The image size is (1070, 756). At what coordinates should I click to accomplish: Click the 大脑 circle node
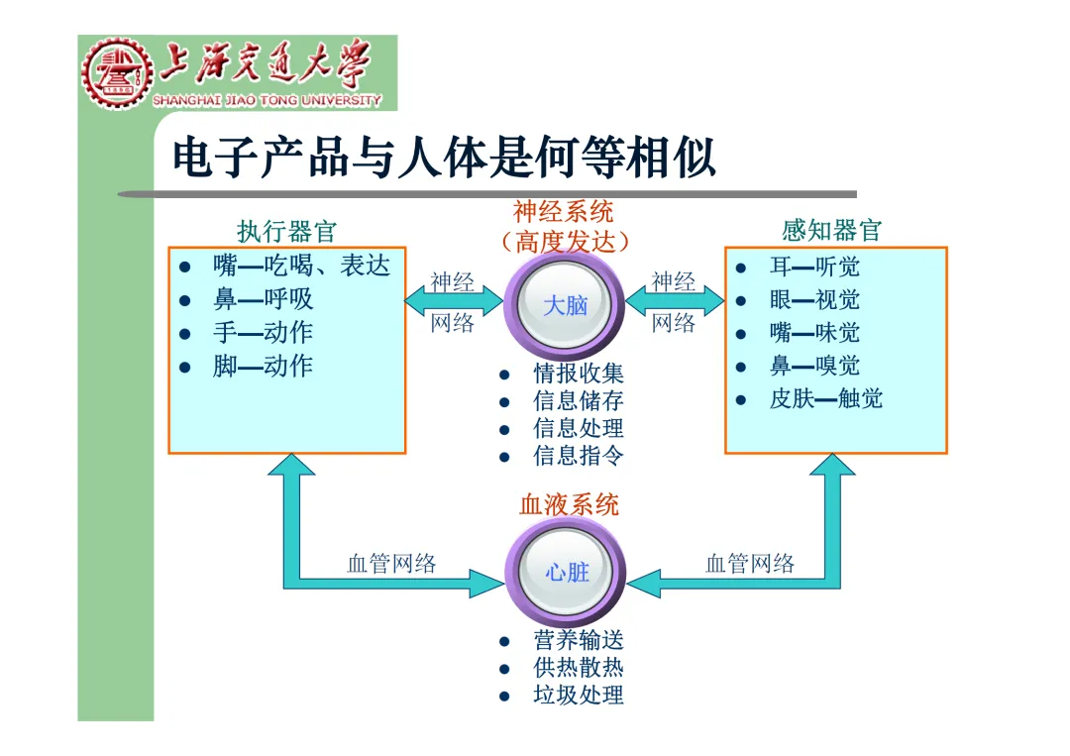(x=566, y=305)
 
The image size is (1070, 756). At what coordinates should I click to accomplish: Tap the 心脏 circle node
(x=566, y=572)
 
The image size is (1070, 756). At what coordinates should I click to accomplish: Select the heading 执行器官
(x=287, y=232)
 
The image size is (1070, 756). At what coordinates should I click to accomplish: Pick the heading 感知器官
(x=831, y=231)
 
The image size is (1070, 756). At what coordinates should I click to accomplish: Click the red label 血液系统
(x=569, y=504)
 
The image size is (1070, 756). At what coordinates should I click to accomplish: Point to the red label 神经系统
(x=564, y=211)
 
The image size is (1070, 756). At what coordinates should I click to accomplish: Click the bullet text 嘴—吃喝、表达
(x=301, y=266)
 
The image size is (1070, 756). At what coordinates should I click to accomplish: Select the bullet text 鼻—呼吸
(x=263, y=299)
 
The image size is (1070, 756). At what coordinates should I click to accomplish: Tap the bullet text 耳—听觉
(x=814, y=267)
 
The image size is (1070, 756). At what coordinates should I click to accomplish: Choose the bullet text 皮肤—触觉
(x=825, y=399)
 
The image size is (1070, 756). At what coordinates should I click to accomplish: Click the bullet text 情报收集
(x=579, y=374)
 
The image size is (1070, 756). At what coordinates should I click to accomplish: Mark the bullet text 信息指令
(x=579, y=456)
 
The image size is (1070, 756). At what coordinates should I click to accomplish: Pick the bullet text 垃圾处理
(x=579, y=696)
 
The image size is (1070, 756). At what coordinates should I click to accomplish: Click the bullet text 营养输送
(x=579, y=641)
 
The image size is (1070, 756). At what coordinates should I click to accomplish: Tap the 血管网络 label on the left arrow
(x=391, y=565)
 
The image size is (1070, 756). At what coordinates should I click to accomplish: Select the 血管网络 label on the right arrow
(x=750, y=565)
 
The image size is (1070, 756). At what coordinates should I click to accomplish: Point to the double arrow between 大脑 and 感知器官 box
(x=675, y=300)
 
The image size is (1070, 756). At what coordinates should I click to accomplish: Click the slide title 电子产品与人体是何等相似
(x=444, y=159)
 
